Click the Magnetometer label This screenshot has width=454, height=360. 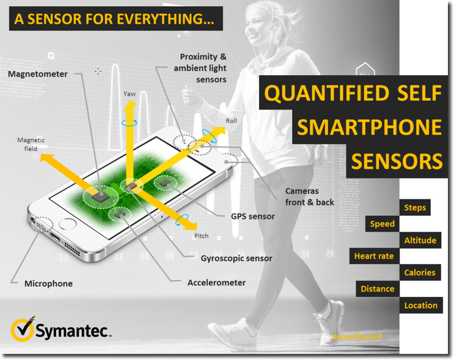coord(38,74)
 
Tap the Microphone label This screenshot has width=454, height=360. coord(48,284)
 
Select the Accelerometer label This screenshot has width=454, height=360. coord(216,282)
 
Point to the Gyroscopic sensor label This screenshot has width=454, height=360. coord(236,258)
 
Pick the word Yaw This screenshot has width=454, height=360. coord(130,94)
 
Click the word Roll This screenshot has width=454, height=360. coord(231,121)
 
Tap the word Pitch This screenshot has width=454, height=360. coord(201,236)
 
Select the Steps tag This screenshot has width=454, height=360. coord(415,208)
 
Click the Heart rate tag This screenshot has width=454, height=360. coord(374,256)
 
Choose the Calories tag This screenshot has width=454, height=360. coord(420,273)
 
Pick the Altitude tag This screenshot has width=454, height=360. coord(420,240)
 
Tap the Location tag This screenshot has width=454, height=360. coord(421,305)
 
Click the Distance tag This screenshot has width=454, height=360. coord(378,288)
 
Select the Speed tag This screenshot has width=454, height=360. coord(383,224)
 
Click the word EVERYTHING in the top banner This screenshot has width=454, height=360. coord(170,18)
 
